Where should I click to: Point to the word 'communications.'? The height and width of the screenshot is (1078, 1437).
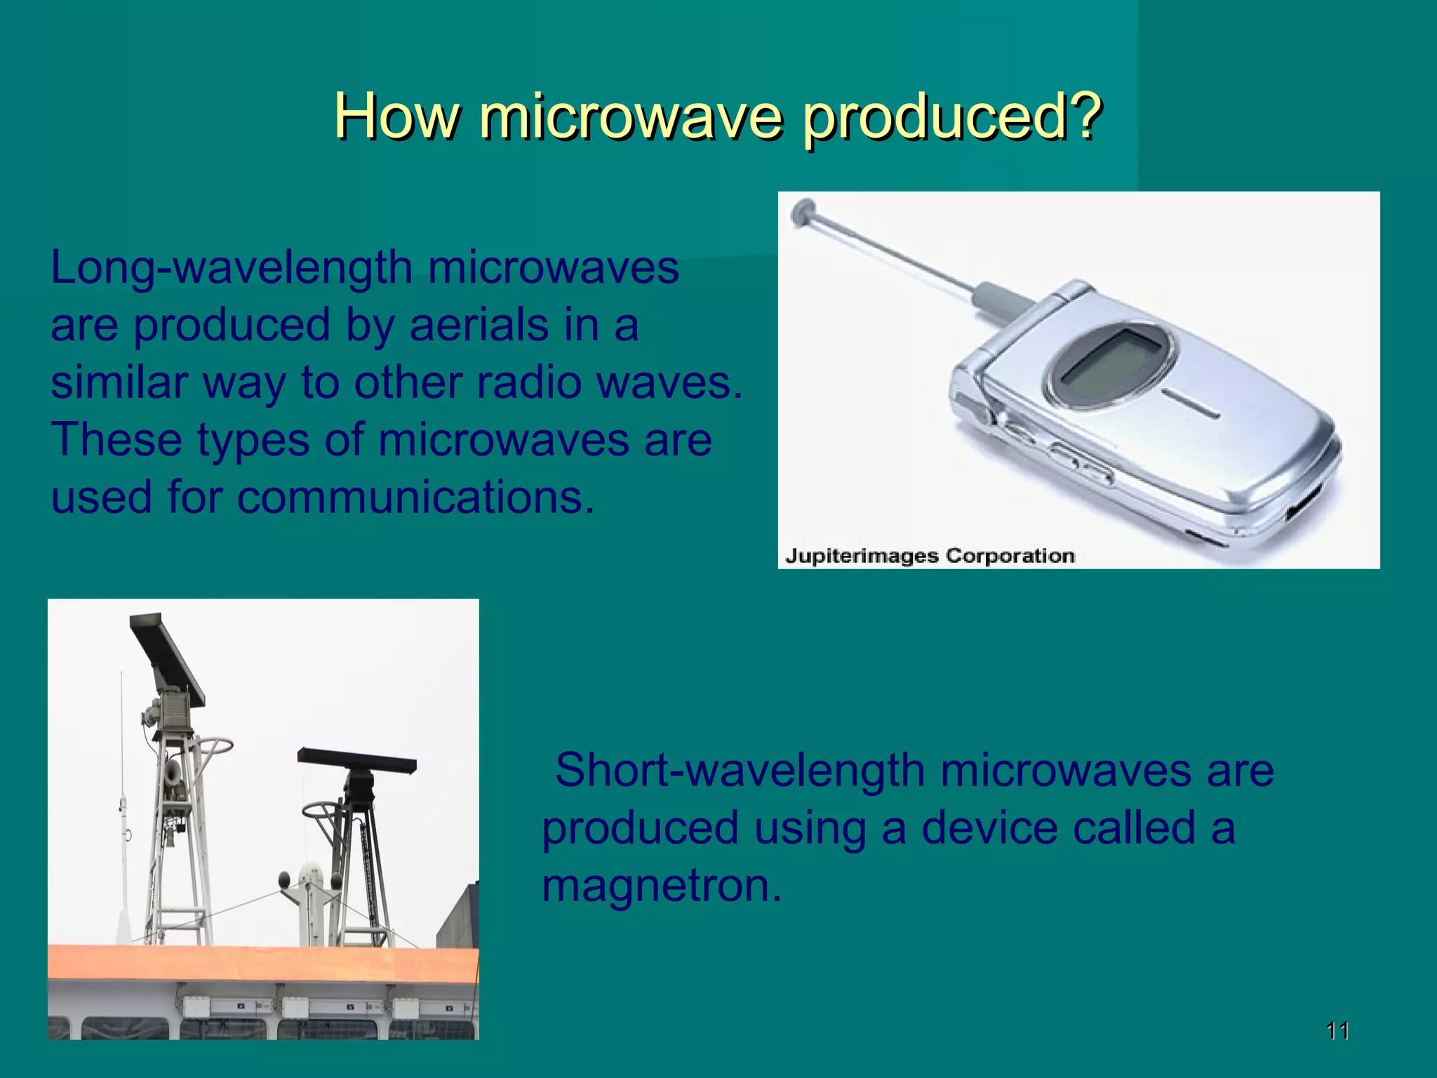(415, 498)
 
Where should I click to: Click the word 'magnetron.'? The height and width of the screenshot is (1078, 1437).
(661, 886)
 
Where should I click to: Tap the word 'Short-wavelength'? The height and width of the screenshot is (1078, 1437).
(740, 771)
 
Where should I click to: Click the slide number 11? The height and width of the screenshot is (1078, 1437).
(1337, 1030)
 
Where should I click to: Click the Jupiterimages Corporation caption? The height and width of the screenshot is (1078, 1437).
(930, 556)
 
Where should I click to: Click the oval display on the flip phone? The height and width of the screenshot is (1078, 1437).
(1109, 365)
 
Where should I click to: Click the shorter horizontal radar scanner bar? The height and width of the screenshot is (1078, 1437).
(356, 760)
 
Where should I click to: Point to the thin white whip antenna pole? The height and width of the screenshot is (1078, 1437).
(122, 807)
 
